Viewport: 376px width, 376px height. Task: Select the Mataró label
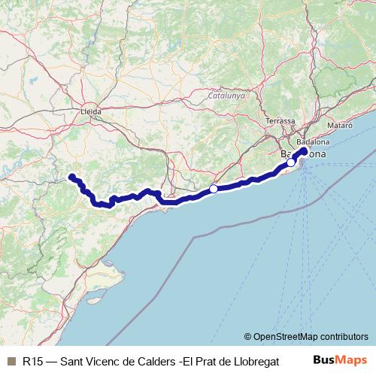coord(341,126)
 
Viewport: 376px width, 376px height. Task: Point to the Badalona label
coord(313,141)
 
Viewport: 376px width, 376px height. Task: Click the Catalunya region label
coord(227,96)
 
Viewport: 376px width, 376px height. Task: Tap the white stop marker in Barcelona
coord(291,162)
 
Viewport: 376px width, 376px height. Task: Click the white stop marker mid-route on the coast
coord(214,189)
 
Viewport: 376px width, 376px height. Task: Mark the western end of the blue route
coord(71,177)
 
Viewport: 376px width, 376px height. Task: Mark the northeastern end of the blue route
coord(305,150)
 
